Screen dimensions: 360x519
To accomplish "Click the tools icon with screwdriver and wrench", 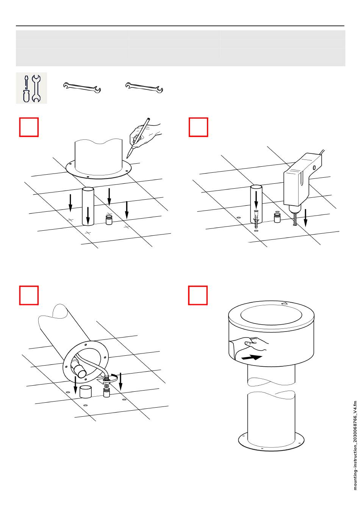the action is [x=31, y=88].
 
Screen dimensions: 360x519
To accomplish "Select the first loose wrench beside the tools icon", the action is [x=82, y=88].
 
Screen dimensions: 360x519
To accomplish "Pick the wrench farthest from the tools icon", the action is [x=144, y=88].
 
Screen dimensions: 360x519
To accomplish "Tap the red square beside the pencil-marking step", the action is [x=29, y=127].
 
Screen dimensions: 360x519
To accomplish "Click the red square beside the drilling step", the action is [x=198, y=127].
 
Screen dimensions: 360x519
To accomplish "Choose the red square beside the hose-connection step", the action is [x=29, y=295].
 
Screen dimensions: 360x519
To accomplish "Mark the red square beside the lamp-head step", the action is [x=198, y=295].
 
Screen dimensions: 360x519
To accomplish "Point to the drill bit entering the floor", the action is [x=294, y=219].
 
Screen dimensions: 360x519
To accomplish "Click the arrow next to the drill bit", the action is [x=305, y=218].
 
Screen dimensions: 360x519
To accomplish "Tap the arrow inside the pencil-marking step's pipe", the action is [x=88, y=216].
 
